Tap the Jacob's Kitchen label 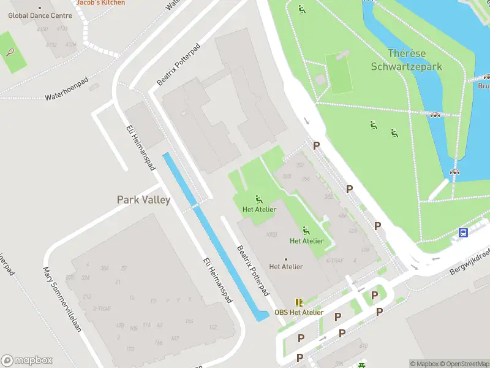tap(100, 2)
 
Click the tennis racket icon tap(10, 52)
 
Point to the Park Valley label tap(143, 200)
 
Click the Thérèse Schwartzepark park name tap(407, 59)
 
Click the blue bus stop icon tap(464, 232)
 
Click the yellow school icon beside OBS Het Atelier tap(299, 302)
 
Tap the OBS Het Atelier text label tap(299, 312)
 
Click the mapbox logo tap(27, 361)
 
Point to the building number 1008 tap(272, 234)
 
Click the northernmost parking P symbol tap(316, 145)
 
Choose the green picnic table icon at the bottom tap(361, 366)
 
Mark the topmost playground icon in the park tap(301, 9)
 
